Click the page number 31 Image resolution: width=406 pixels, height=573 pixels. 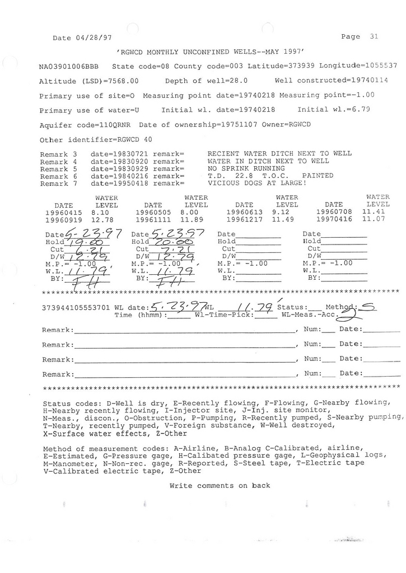tap(374, 36)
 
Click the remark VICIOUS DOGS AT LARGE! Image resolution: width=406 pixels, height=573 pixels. tap(257, 183)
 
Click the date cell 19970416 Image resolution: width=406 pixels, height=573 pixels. tap(334, 220)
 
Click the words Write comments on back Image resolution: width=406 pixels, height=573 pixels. tap(220, 486)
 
